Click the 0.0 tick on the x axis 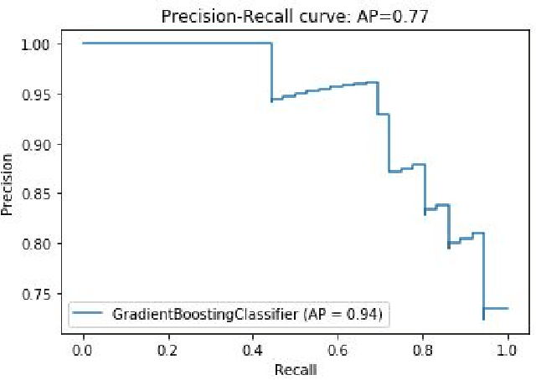point(83,348)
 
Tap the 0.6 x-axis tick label point(338,348)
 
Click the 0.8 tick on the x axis point(423,348)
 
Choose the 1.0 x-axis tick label point(508,348)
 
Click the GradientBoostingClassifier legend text point(247,315)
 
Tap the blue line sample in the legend point(90,315)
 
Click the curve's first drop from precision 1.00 point(271,71)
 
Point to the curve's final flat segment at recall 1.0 point(496,308)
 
